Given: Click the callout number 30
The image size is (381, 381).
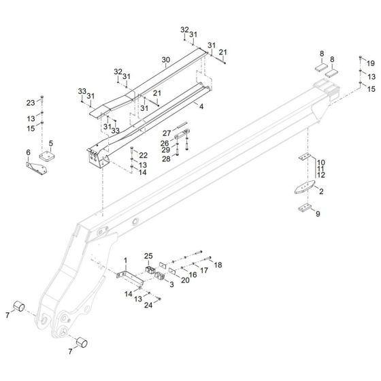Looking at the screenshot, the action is [x=166, y=60].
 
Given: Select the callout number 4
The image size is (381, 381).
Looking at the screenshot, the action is [x=201, y=106].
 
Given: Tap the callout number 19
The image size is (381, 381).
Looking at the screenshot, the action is [x=371, y=64].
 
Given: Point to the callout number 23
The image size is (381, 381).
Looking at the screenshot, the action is [x=31, y=103].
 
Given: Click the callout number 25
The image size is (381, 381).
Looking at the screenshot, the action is [x=148, y=256].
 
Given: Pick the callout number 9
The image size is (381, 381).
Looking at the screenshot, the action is [x=318, y=214].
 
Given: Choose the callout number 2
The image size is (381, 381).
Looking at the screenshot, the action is [x=321, y=191].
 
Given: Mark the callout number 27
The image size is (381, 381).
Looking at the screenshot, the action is [x=167, y=133].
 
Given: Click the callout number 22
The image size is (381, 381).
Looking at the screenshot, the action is [x=144, y=155].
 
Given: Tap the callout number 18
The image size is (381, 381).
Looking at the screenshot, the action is [x=218, y=265].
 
